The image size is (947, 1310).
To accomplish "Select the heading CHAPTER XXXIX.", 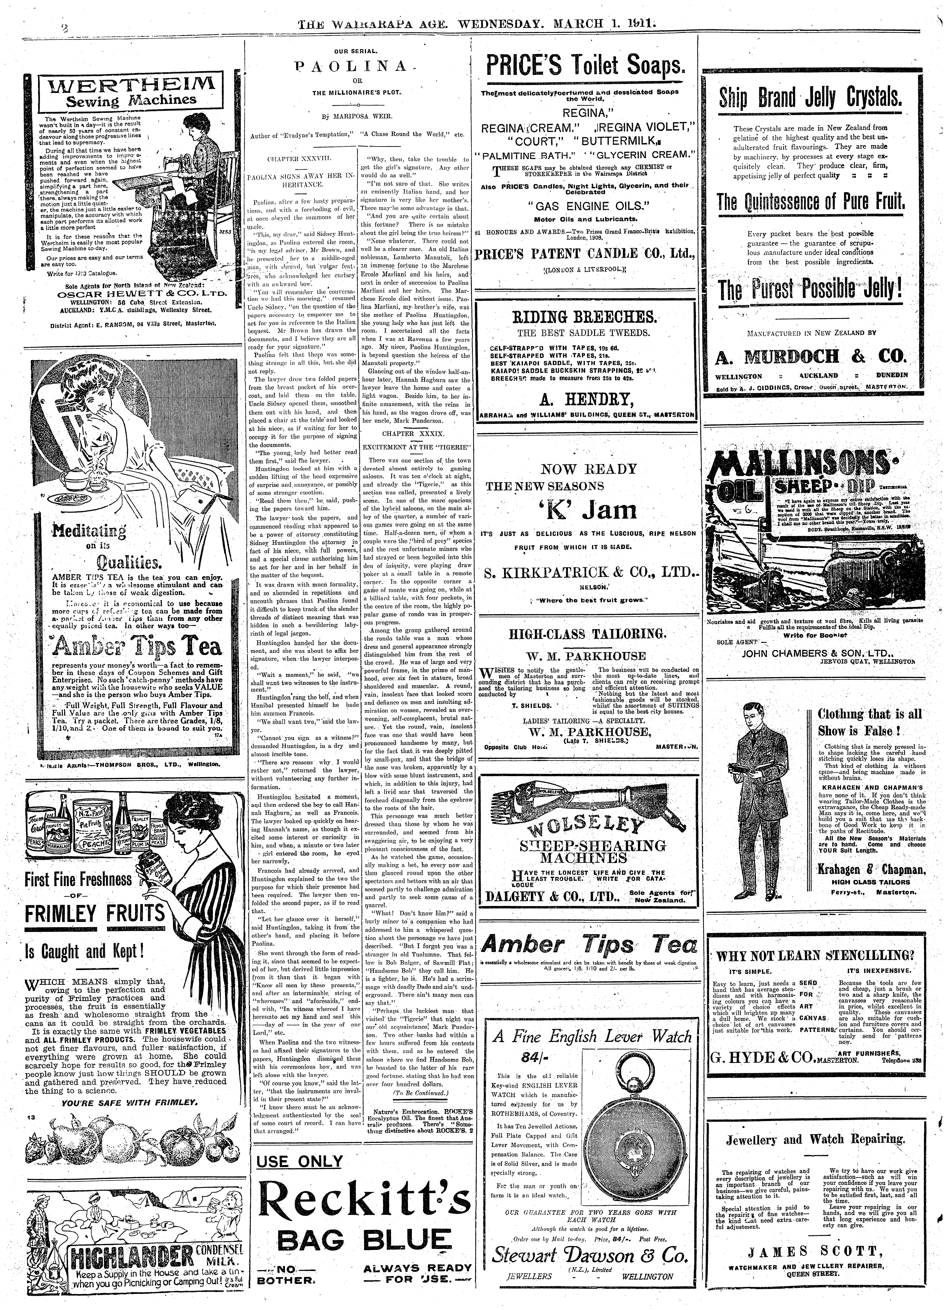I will [x=413, y=433].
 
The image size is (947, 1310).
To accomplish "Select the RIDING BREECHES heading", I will [x=585, y=317].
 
